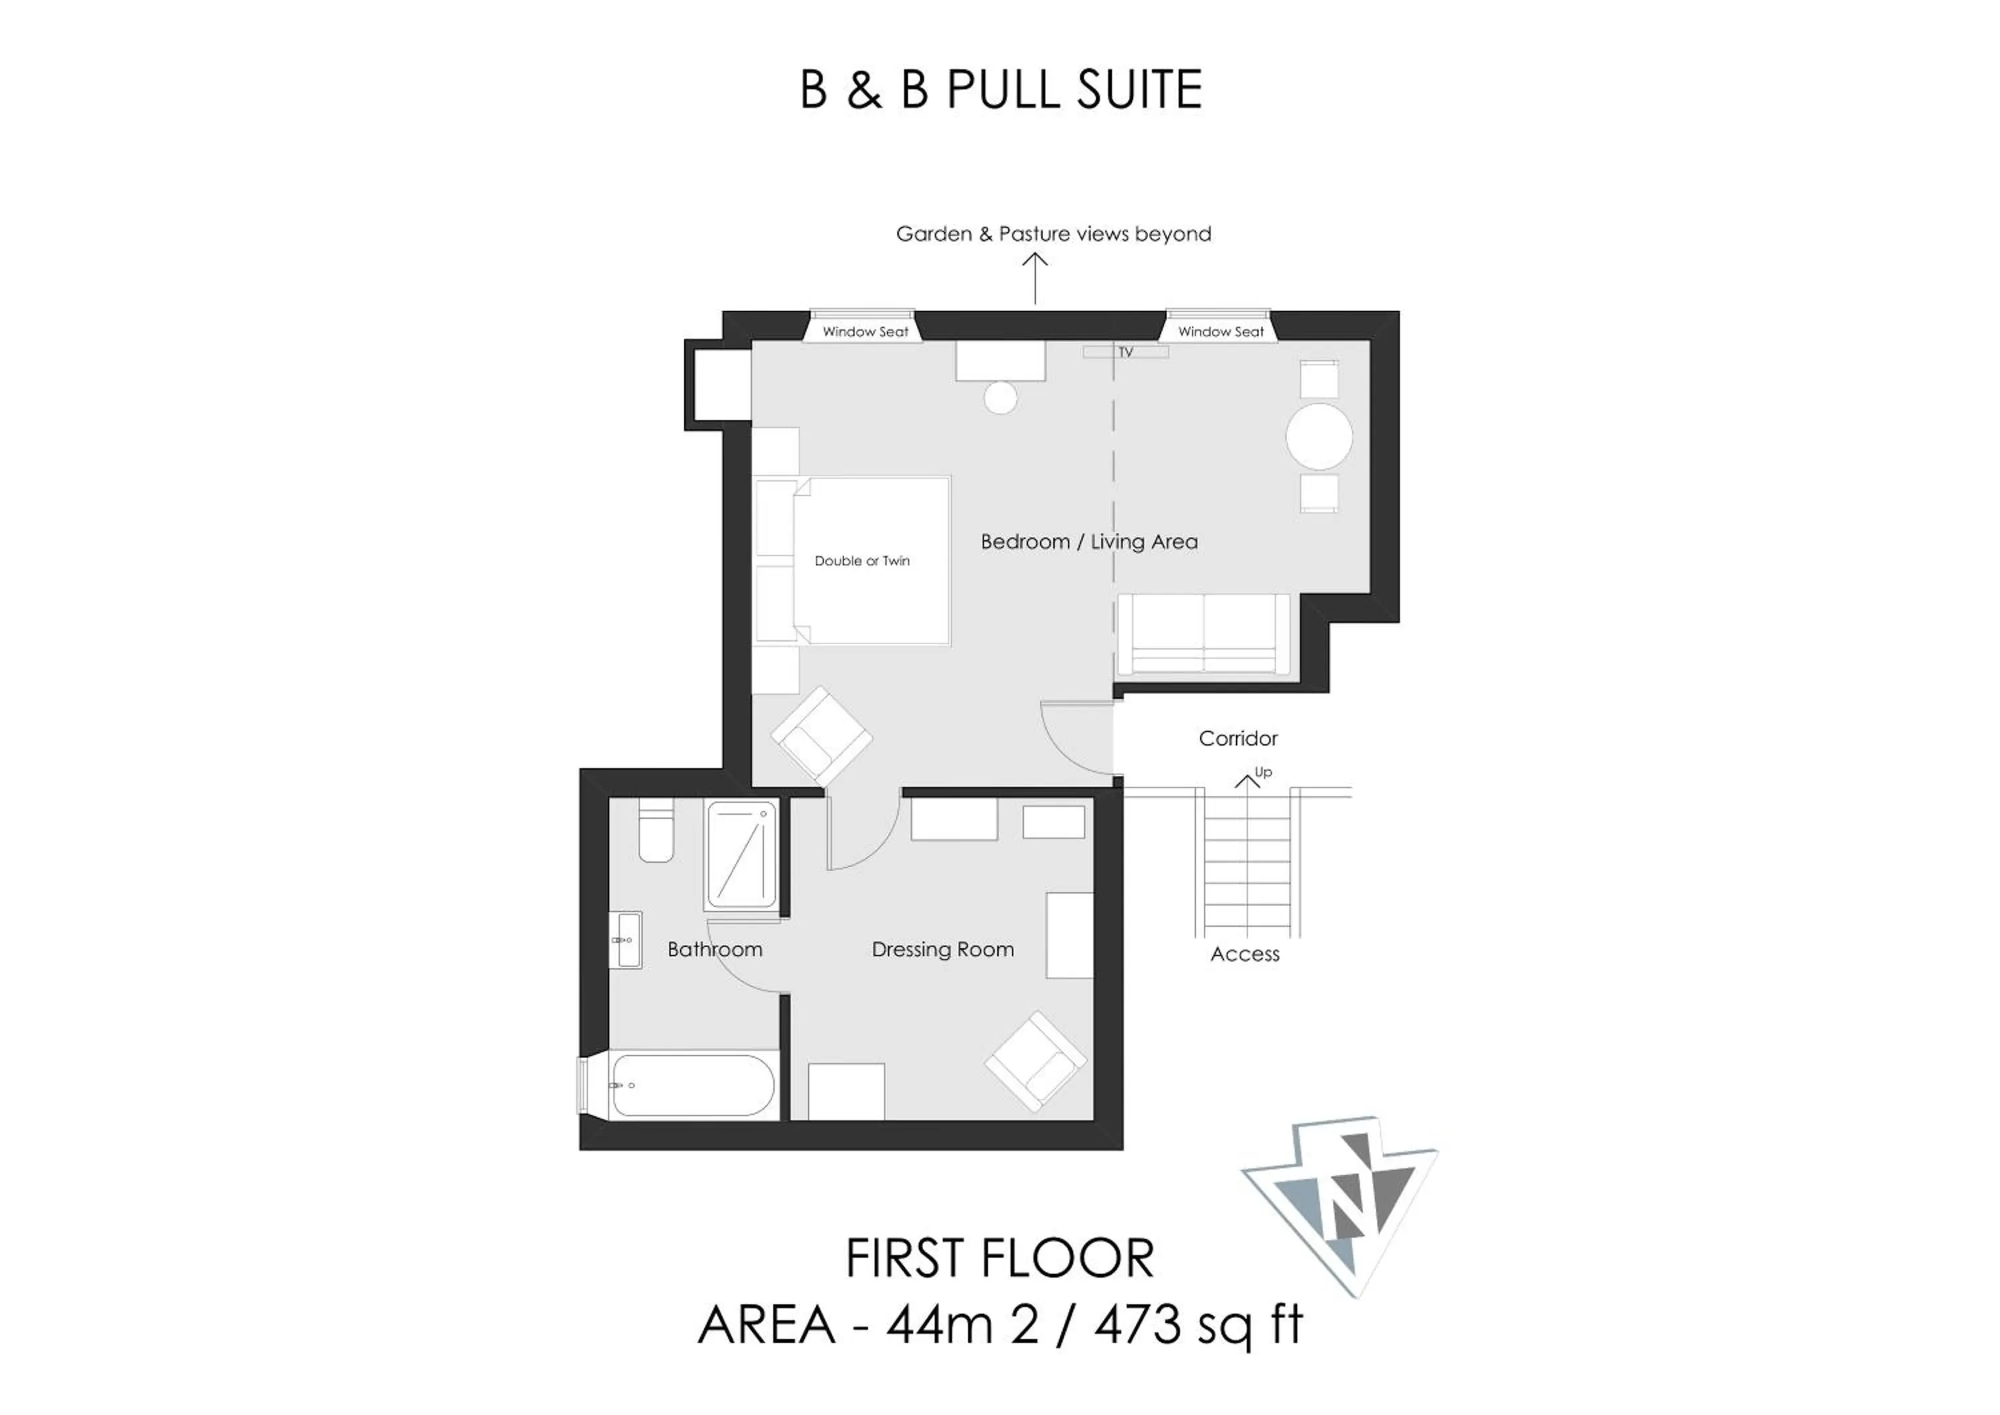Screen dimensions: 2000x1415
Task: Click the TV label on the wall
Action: [1125, 352]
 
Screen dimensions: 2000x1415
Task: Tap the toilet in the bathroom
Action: [656, 830]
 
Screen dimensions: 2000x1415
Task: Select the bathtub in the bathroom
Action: [693, 1086]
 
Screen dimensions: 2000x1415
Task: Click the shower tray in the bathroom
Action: [741, 855]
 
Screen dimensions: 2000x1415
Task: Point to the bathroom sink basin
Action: [625, 940]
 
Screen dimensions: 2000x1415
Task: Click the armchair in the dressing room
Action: [1036, 1060]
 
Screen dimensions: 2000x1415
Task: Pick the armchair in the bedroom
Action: [821, 736]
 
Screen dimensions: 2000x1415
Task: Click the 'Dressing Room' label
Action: [943, 950]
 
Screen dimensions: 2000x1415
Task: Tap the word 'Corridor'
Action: [1238, 739]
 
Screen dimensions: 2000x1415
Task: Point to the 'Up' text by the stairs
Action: [1263, 773]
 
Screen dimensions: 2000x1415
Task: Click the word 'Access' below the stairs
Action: [1245, 954]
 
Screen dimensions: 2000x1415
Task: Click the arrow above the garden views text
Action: [1035, 279]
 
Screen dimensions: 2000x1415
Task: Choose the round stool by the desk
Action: [1000, 398]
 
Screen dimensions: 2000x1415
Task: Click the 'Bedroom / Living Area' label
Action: [1089, 542]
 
